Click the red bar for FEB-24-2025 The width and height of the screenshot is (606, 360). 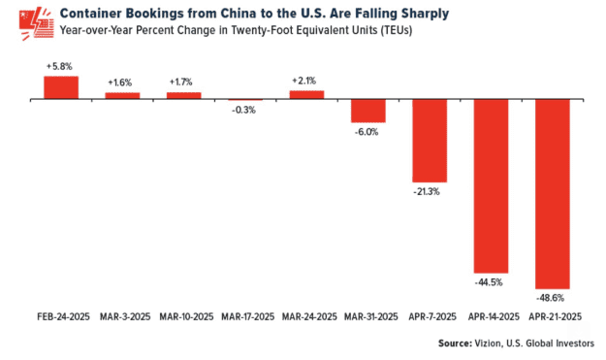click(60, 87)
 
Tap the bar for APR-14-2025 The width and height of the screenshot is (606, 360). click(492, 185)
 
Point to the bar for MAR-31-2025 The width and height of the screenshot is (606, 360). click(368, 111)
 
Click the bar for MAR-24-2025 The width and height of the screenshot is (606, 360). click(306, 95)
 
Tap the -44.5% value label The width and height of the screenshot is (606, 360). click(492, 281)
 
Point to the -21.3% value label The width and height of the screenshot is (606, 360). click(430, 191)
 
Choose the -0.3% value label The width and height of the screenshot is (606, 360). click(245, 110)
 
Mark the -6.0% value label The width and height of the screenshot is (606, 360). click(368, 132)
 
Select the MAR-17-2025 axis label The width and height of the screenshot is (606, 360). click(245, 316)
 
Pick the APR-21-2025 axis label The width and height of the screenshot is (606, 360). click(553, 316)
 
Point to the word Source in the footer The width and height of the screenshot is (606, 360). click(458, 344)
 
